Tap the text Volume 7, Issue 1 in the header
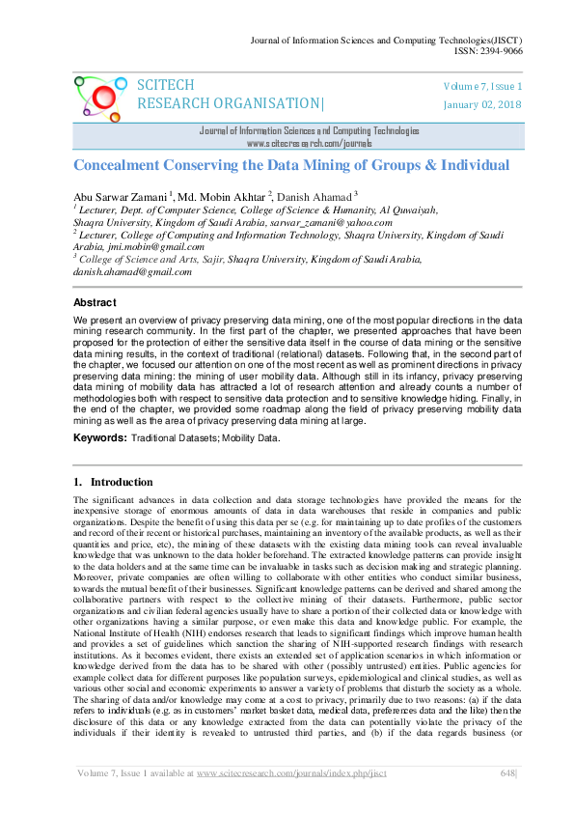481,87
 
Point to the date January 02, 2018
481,104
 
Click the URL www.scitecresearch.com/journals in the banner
309,142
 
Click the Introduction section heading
121,482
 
